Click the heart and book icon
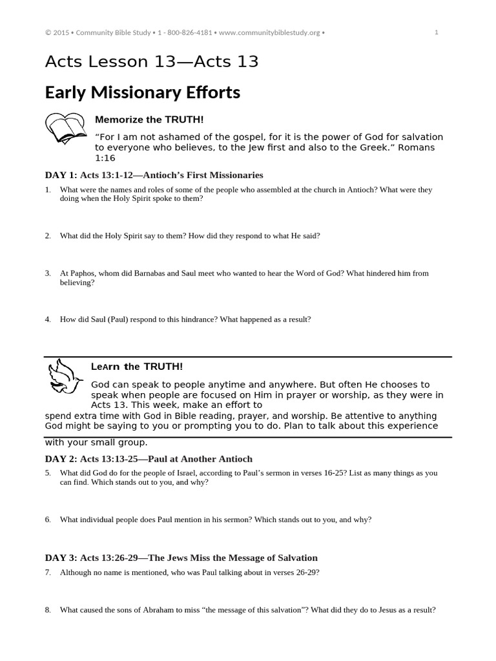tap(65, 128)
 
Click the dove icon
tap(64, 377)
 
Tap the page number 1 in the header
tap(437, 32)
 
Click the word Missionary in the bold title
tap(131, 92)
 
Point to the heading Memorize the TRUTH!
tap(149, 119)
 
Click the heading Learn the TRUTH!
tap(137, 367)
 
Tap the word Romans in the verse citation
tap(420, 148)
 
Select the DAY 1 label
tap(61, 175)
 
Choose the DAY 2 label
tap(61, 459)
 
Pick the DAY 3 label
tap(61, 558)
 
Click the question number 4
tap(48, 319)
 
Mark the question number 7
tap(48, 573)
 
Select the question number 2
tap(48, 236)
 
